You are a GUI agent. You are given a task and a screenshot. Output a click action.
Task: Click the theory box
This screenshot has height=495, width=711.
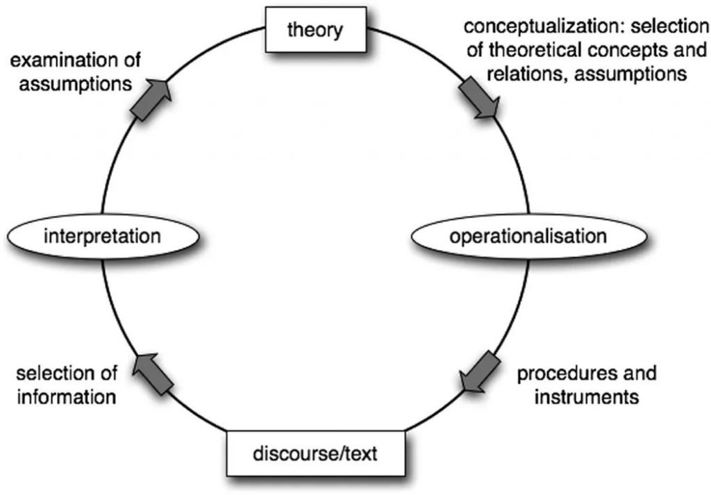[315, 31]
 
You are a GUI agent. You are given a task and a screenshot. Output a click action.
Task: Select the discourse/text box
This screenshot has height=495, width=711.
[316, 455]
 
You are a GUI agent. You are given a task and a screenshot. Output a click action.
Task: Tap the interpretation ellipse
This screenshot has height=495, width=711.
[102, 236]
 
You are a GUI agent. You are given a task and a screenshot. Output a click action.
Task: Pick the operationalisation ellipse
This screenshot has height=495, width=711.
[528, 236]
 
